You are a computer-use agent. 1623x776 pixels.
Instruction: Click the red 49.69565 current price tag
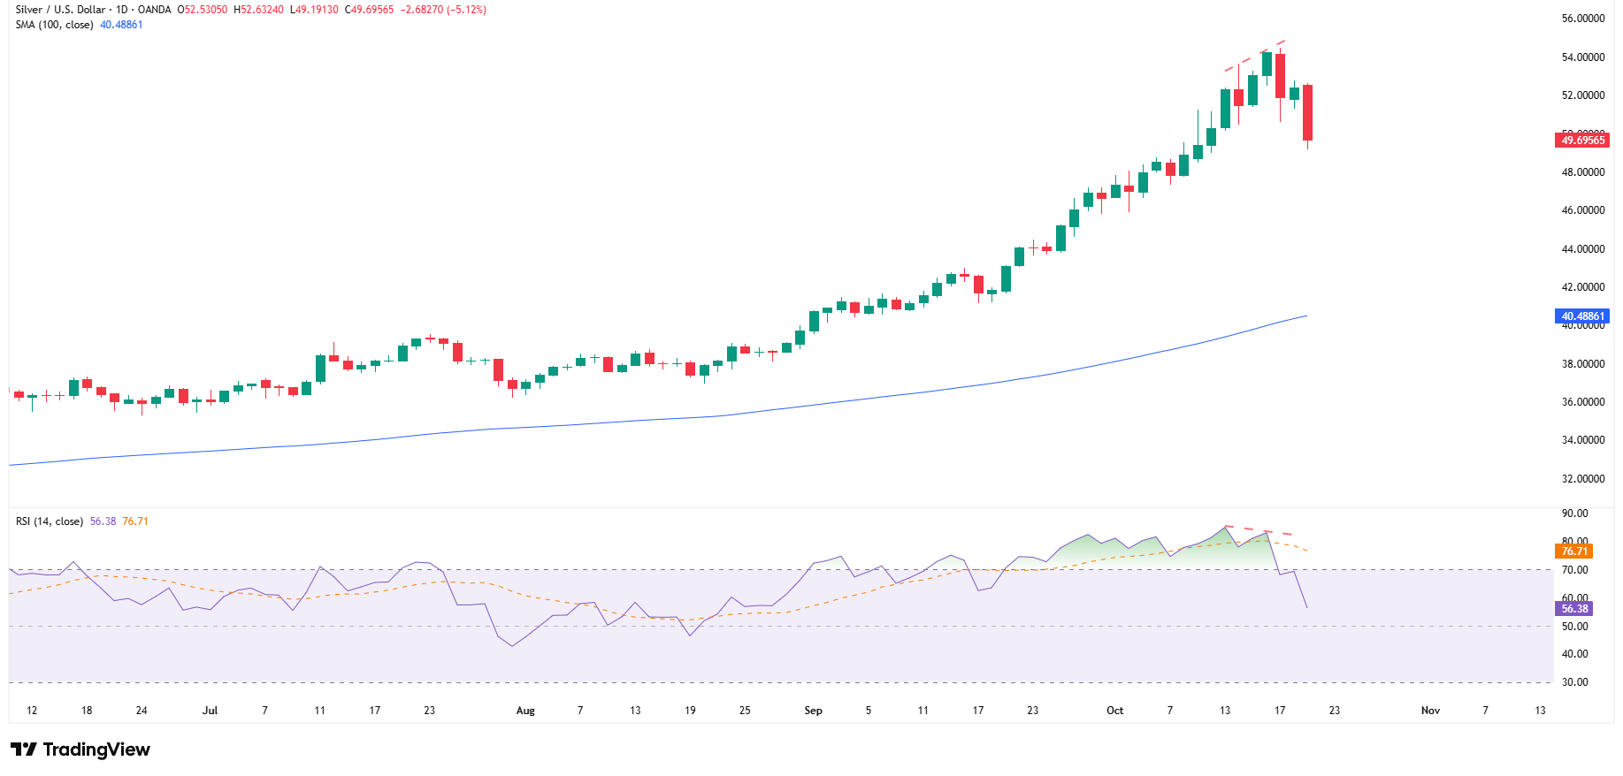[x=1582, y=140]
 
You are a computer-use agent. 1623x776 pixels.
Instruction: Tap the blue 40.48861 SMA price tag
[x=1582, y=316]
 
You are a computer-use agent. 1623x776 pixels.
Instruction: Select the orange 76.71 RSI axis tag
[x=1574, y=551]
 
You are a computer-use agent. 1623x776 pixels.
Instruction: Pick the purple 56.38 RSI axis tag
[x=1574, y=608]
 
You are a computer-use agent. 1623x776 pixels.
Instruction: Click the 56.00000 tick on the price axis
[x=1582, y=19]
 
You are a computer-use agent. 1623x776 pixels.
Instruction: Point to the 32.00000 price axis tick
[x=1582, y=478]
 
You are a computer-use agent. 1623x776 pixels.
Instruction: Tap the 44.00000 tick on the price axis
[x=1582, y=248]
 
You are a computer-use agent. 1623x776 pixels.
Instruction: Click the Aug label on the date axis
[x=525, y=711]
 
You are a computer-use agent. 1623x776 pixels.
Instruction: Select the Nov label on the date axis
[x=1430, y=711]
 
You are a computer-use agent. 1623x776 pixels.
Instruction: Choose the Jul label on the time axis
[x=210, y=711]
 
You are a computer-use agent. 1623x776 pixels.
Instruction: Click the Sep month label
[x=813, y=711]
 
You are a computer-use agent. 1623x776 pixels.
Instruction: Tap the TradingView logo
[x=81, y=749]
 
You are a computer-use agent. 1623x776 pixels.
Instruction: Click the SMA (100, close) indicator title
[x=54, y=25]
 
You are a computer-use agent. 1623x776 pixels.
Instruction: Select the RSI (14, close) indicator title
[x=50, y=521]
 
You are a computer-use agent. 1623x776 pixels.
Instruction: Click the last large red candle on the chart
[x=1307, y=112]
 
